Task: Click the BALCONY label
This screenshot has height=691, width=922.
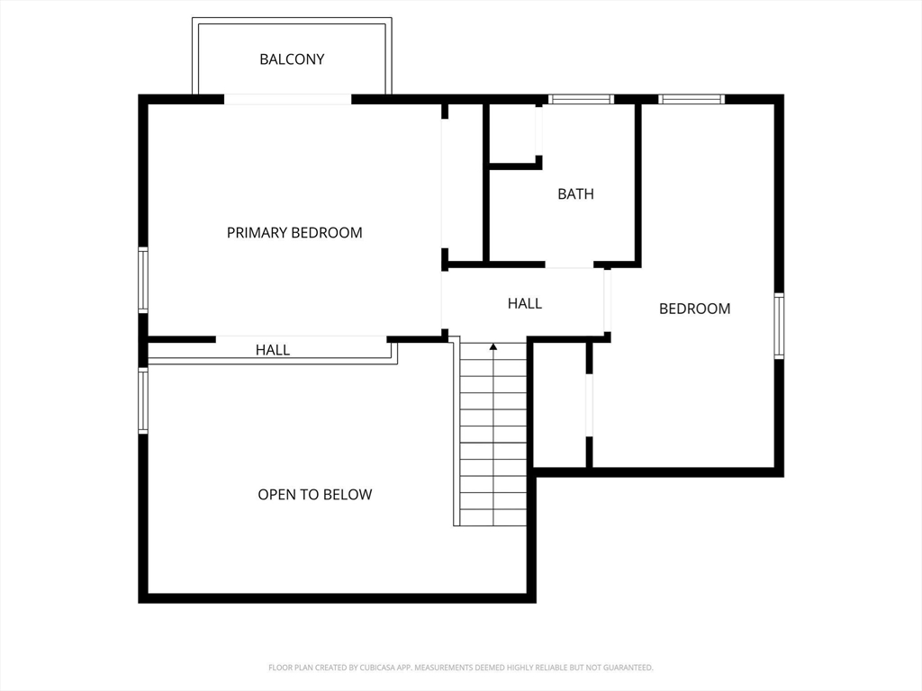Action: tap(292, 59)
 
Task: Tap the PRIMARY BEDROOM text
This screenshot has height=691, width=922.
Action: tap(294, 233)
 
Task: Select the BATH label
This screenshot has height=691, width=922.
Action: tap(575, 194)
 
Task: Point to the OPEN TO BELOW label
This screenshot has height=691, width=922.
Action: tap(314, 495)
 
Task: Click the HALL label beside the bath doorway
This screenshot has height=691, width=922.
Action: tap(525, 304)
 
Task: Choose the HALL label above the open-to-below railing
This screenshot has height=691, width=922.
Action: tap(272, 350)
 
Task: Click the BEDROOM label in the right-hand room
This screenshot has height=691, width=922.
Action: tap(694, 310)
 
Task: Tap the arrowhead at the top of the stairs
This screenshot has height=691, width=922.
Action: tap(493, 347)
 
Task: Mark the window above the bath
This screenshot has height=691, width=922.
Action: tap(581, 99)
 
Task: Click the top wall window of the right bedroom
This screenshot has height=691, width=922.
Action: tap(691, 99)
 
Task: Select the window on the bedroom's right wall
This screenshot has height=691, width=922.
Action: tap(779, 326)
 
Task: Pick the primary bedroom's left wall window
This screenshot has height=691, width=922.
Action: tap(143, 281)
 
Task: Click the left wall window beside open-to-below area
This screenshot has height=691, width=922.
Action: tap(143, 400)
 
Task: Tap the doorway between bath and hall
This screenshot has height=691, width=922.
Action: tap(569, 265)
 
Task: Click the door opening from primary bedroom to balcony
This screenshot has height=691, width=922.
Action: tap(287, 99)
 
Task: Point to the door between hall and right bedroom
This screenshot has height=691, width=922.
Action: tap(608, 301)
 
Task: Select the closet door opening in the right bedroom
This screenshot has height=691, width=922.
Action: tap(589, 405)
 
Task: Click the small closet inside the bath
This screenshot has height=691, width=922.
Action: tap(512, 133)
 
